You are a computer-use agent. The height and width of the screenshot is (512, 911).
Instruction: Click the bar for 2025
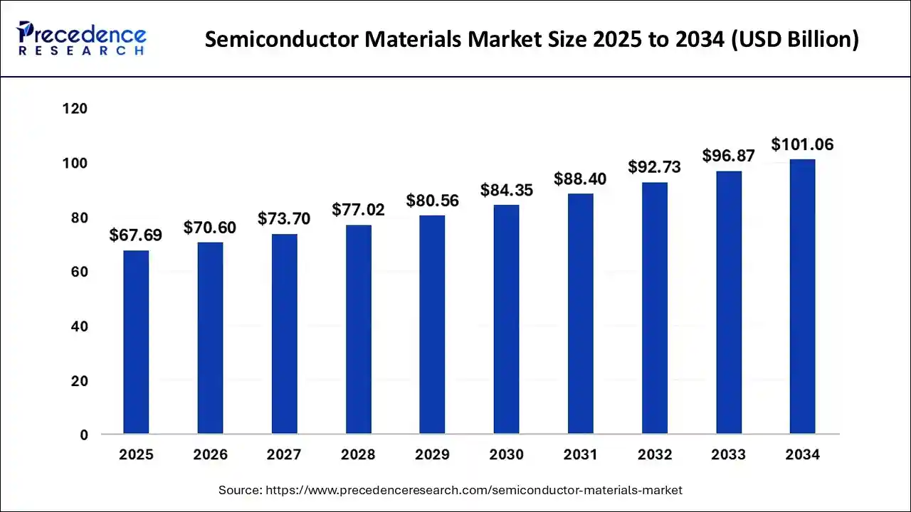136,342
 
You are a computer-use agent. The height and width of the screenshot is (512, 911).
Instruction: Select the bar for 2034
802,297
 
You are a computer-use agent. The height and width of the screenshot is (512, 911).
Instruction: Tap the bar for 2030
506,319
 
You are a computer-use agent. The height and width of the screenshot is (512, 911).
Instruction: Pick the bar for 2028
358,329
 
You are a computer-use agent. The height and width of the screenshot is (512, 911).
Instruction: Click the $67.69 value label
136,235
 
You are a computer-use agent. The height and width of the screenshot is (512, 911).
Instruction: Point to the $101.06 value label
802,145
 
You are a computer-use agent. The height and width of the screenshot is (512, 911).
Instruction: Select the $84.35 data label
506,191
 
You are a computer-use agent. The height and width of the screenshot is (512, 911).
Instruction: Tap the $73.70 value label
284,219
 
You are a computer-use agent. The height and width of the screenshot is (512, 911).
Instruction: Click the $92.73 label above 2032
654,167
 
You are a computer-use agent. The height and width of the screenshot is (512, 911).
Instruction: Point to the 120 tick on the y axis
74,109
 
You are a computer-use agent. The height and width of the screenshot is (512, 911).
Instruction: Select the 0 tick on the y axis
83,435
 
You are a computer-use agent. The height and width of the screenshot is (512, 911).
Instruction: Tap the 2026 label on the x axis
210,455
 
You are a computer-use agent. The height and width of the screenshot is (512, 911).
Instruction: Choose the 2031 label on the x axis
580,455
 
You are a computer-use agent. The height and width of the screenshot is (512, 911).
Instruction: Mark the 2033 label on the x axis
728,455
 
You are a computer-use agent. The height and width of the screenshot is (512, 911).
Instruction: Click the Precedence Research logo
82,38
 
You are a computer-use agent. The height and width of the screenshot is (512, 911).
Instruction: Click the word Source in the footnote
238,490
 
